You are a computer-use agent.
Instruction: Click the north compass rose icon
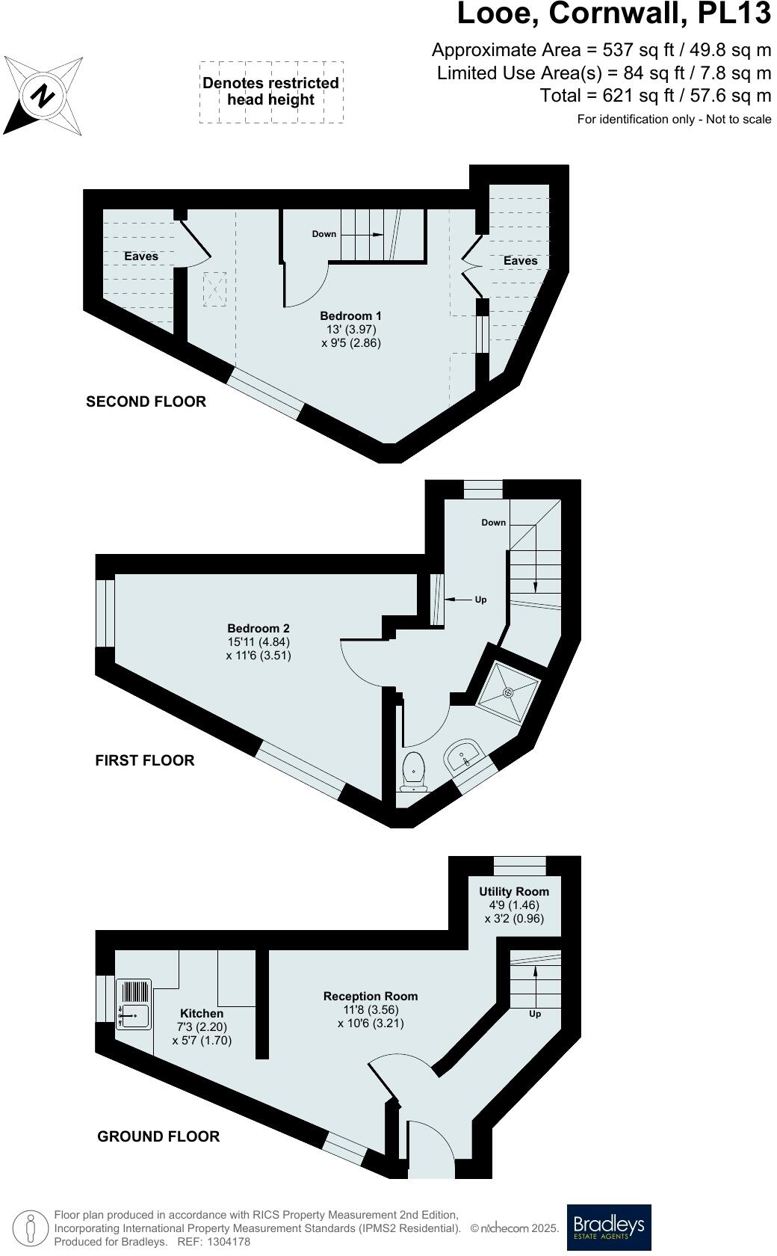tap(43, 96)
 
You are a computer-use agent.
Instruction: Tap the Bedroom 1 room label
tap(350, 316)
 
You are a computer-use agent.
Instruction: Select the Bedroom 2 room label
tap(259, 629)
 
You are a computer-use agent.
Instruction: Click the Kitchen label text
tap(202, 1014)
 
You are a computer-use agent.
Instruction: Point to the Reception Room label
tap(371, 997)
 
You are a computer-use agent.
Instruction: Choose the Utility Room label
tap(514, 892)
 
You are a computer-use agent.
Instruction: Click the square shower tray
tap(509, 692)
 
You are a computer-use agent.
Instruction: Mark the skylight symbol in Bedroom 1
tap(215, 289)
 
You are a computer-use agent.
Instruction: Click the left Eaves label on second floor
tap(141, 256)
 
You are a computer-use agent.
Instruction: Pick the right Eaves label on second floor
tap(520, 261)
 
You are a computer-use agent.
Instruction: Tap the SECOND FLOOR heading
tap(146, 401)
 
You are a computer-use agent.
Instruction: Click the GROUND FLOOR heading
tap(158, 1136)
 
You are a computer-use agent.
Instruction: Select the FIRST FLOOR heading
tap(145, 760)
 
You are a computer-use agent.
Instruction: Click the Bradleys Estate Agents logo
tap(609, 1227)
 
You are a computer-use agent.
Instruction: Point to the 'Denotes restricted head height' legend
tap(271, 92)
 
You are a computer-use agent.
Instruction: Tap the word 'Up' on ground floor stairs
tap(535, 1014)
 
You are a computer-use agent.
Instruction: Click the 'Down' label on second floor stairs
tap(324, 234)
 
